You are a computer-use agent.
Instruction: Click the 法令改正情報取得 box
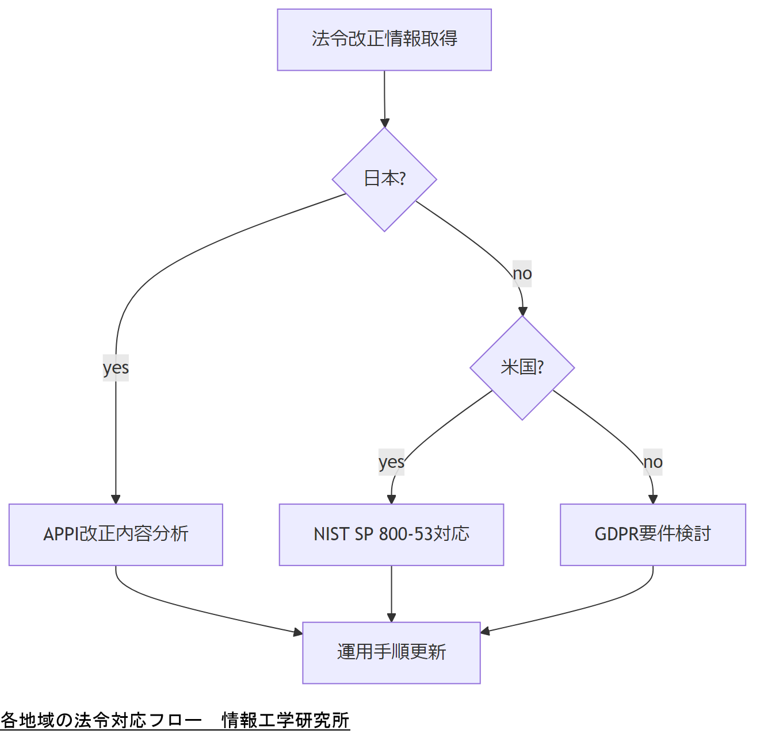(384, 40)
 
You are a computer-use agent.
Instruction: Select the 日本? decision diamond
(384, 179)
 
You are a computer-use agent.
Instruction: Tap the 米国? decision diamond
(522, 368)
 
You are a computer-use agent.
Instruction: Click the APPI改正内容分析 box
(116, 535)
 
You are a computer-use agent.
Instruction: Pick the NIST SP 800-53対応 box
(391, 535)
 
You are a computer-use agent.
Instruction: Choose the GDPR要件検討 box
(653, 535)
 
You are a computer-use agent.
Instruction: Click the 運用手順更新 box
(391, 652)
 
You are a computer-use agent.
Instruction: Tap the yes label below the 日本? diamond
(116, 368)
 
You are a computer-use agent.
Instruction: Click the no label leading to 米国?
(522, 274)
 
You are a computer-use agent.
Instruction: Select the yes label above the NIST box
(391, 462)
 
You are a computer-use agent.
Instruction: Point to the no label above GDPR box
(653, 462)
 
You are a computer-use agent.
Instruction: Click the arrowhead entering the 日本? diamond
(385, 123)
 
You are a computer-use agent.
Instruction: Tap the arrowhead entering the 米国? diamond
(522, 312)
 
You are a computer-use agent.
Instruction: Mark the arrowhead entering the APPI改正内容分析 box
(116, 499)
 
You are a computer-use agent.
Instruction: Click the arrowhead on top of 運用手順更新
(391, 617)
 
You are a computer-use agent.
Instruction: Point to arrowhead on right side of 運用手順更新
(485, 632)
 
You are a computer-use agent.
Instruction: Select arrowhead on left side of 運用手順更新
(298, 632)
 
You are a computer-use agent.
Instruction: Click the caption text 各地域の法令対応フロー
(101, 720)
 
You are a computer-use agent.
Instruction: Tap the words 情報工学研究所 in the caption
(286, 720)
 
